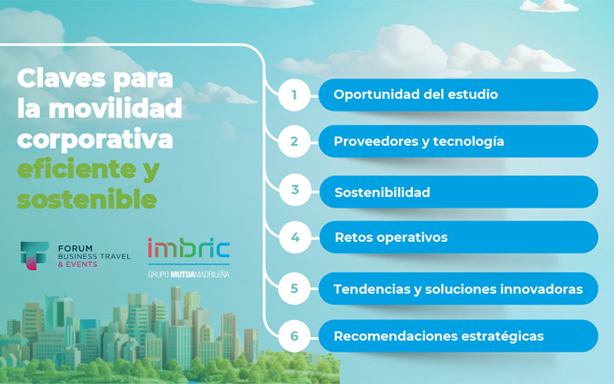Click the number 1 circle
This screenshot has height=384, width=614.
[295, 95]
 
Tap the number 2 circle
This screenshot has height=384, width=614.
[295, 141]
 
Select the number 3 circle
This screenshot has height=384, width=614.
[295, 191]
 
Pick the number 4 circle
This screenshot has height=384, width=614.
[295, 238]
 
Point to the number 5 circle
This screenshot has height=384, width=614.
[295, 289]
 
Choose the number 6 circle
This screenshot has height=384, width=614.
[295, 335]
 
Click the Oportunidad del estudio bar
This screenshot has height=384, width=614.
[457, 95]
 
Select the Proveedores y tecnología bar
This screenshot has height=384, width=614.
[457, 141]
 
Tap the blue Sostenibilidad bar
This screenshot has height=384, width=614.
[457, 192]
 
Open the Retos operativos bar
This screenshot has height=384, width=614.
[457, 238]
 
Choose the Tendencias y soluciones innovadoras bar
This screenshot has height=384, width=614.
[457, 289]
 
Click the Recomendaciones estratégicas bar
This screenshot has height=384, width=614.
[457, 335]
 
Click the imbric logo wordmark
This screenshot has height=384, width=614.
[188, 249]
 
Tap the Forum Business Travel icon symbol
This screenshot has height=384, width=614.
[34, 255]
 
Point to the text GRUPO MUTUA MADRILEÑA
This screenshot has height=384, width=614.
[188, 274]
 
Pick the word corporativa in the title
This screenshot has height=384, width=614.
[95, 140]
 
